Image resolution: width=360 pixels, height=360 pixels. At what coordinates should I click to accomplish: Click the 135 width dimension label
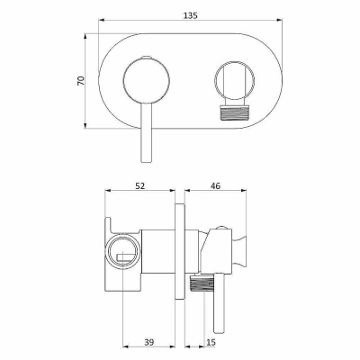pos(191,15)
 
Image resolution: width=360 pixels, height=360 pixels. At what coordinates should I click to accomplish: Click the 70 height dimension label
pos(81,81)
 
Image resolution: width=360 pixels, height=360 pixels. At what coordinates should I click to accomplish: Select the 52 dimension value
pos(139,186)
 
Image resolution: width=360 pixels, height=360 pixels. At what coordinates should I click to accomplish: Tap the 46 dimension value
pos(215,186)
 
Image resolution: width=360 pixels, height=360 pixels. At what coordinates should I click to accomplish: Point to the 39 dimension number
pos(149,342)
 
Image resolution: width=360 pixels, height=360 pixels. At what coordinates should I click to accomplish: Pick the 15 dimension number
pos(211,342)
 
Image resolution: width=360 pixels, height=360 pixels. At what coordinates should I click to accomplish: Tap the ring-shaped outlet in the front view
pos(234,81)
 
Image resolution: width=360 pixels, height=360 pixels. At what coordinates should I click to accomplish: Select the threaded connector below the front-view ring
pos(234,112)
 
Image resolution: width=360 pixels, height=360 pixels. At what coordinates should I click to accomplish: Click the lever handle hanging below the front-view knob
pos(146,133)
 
